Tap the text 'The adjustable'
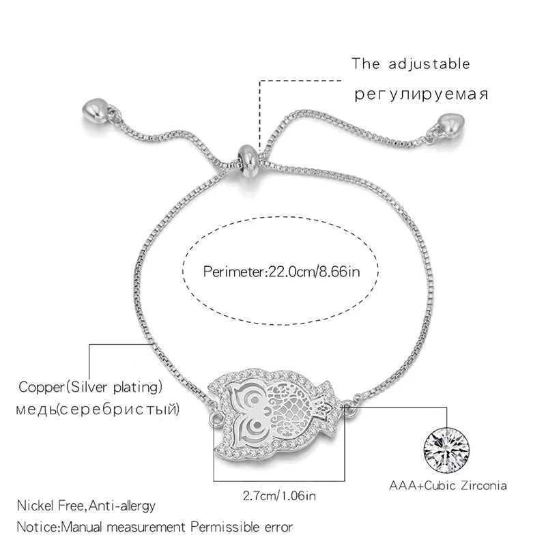[411, 65]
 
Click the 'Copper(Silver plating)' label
[90, 388]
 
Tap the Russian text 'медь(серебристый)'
[100, 409]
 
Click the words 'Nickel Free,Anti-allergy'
[87, 506]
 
